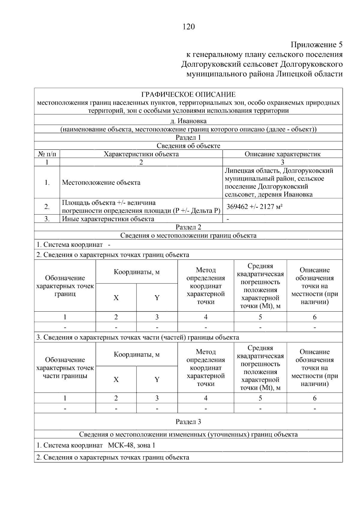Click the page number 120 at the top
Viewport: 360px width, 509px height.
click(188, 27)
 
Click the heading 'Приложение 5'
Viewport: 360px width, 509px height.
click(316, 45)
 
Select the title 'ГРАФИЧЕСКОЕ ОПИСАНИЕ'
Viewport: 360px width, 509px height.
click(188, 95)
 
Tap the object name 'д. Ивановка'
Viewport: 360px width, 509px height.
click(188, 121)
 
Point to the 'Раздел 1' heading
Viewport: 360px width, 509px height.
click(188, 137)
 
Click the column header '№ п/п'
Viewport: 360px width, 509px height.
click(47, 154)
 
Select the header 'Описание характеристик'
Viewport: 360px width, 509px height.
click(282, 154)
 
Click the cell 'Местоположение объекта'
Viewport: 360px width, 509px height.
click(101, 182)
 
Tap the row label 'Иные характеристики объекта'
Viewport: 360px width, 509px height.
click(108, 219)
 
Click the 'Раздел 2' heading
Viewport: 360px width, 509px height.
click(188, 227)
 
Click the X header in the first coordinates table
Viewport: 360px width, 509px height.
click(116, 298)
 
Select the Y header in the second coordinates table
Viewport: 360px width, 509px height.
click(157, 380)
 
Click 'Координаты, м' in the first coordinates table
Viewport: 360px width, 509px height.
click(136, 272)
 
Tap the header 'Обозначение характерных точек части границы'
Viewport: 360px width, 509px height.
click(65, 368)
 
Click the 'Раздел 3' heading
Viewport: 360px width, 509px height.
click(188, 422)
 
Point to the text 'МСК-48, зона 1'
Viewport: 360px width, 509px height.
click(131, 445)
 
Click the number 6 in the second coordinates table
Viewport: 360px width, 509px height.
click(314, 398)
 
